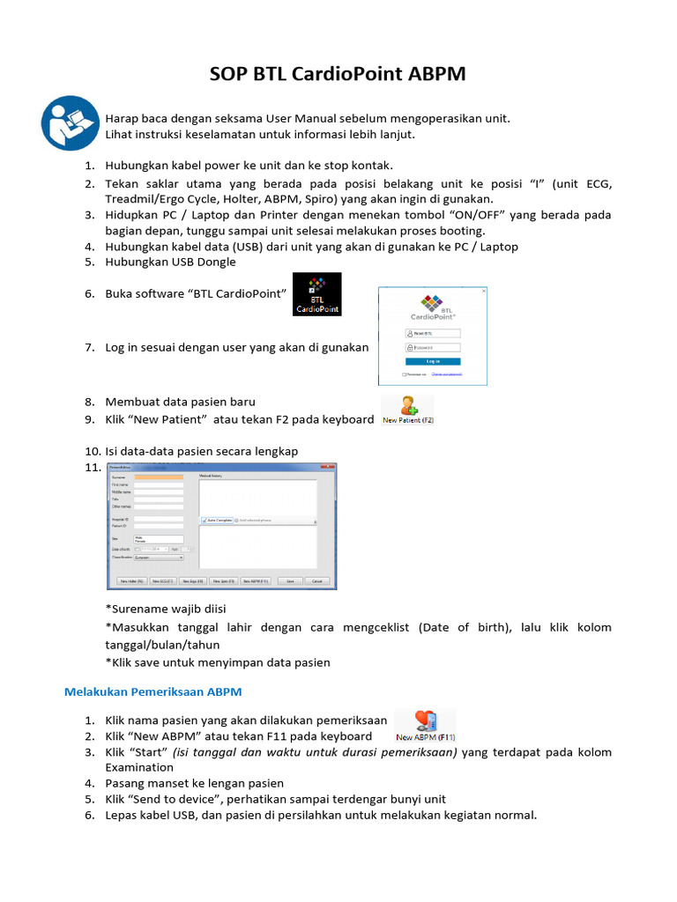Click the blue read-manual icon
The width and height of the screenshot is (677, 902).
(x=68, y=122)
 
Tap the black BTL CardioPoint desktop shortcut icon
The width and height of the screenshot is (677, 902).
(x=316, y=294)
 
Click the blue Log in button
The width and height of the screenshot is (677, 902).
(x=433, y=361)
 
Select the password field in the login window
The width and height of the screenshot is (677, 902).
(x=433, y=347)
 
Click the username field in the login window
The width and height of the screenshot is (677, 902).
(x=433, y=334)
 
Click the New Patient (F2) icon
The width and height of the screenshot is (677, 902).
(x=408, y=410)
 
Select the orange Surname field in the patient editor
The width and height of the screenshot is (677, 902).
(x=159, y=477)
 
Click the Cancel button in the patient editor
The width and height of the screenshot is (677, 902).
(x=318, y=581)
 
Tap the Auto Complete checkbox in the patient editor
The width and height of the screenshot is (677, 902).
(x=204, y=520)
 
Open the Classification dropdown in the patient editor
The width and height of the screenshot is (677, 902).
(x=159, y=558)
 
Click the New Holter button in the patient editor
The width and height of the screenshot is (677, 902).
(x=129, y=581)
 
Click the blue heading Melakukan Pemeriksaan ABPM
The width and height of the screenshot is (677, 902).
(x=153, y=691)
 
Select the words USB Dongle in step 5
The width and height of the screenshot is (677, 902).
(x=204, y=262)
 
